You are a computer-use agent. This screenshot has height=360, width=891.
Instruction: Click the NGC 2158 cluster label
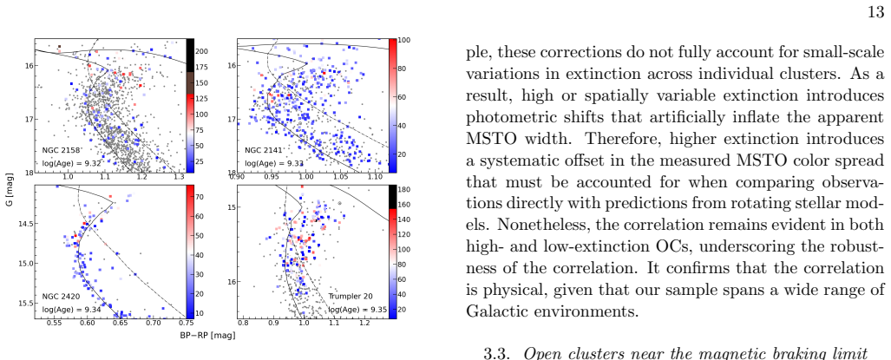(x=61, y=150)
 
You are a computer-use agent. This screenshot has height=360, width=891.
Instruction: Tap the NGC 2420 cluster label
(x=61, y=297)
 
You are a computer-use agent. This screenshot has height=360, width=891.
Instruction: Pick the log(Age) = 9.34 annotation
(x=72, y=310)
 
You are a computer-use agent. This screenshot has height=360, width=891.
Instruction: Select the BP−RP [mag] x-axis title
(x=207, y=336)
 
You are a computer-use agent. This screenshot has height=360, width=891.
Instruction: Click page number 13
(x=876, y=12)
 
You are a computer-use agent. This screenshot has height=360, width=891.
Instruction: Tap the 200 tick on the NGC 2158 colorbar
(x=202, y=51)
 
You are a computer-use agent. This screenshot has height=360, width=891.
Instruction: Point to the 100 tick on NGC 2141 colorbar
(x=404, y=40)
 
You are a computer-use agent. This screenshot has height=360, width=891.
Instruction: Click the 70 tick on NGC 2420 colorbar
(x=200, y=197)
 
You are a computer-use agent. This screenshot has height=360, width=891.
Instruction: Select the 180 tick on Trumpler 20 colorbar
(x=404, y=189)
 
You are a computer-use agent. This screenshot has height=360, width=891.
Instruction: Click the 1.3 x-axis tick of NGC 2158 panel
(x=179, y=178)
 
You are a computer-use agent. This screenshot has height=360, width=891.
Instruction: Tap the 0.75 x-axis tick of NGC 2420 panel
(x=186, y=323)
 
